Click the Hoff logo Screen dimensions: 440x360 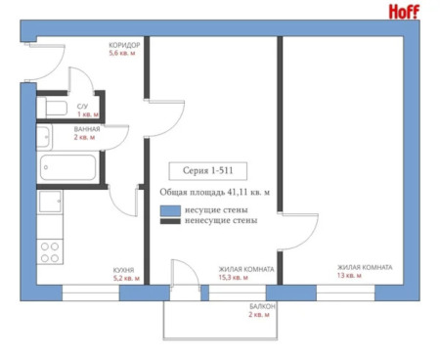404,12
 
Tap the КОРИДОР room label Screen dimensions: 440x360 124,45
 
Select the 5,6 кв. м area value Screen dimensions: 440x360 122,53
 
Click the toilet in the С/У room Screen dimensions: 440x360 52,108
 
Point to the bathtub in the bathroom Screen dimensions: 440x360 67,167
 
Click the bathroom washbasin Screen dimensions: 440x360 44,137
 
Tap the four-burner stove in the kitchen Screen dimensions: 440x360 50,251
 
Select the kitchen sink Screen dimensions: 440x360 50,202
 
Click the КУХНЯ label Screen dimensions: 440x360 123,270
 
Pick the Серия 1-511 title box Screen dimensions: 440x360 208,171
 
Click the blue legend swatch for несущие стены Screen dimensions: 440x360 170,210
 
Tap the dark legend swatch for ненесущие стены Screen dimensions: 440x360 170,221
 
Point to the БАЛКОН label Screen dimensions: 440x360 262,306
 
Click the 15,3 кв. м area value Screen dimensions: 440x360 234,278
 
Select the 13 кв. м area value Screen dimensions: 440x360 349,276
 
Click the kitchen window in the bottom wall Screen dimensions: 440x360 91,292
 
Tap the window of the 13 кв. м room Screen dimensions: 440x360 345,292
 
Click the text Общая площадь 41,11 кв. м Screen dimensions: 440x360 215,193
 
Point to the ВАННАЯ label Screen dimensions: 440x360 87,129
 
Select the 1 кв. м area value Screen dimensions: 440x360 88,114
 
